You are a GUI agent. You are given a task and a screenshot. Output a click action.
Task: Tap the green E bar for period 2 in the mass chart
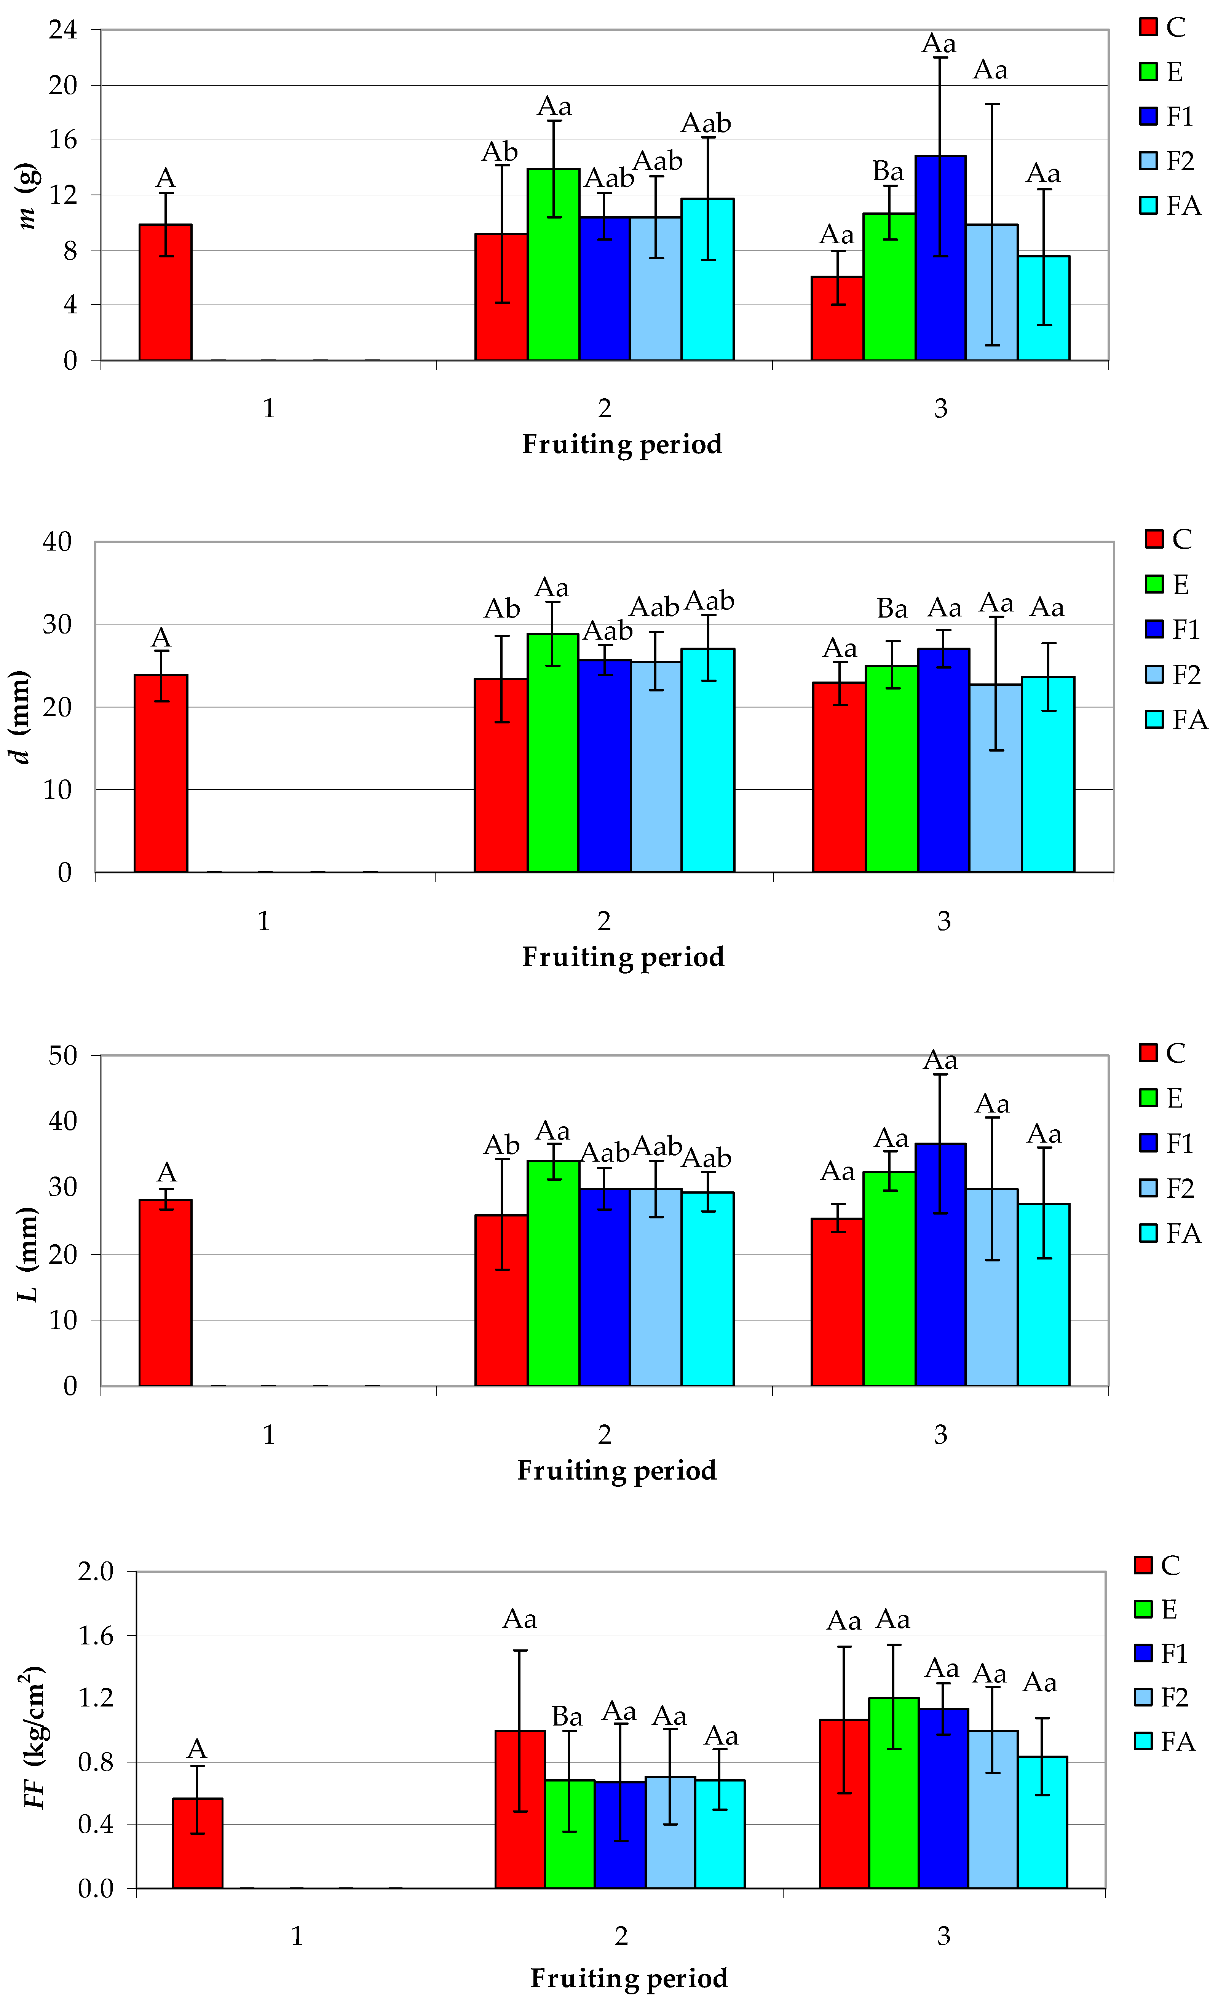[x=553, y=265]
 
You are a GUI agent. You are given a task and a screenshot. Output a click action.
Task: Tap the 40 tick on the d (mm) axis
[x=57, y=542]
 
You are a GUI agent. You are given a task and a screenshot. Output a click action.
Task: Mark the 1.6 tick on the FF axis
[x=96, y=1636]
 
